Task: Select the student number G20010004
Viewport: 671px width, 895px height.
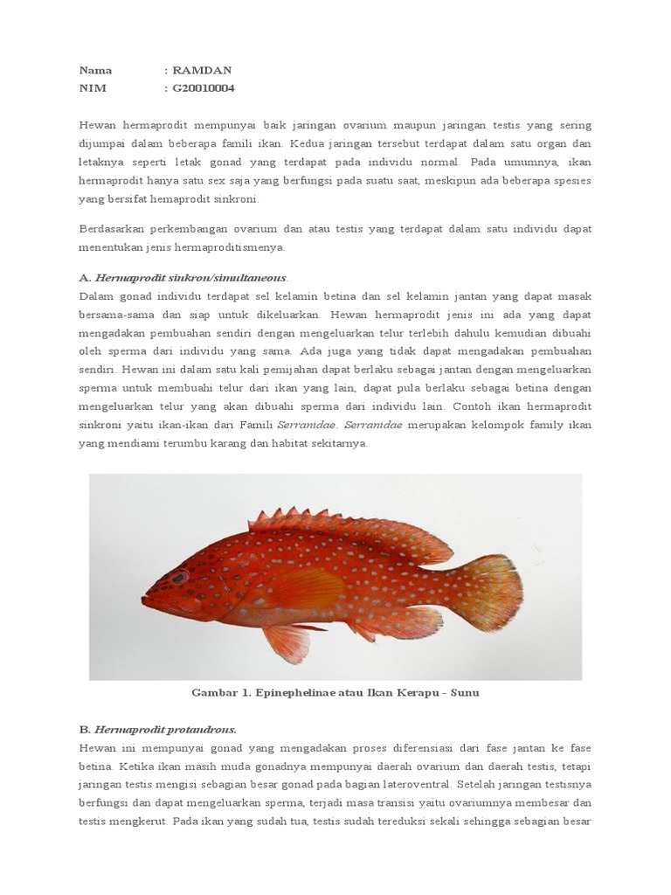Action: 204,88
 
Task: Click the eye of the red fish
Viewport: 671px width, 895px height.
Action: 179,577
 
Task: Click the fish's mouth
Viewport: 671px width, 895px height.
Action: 147,602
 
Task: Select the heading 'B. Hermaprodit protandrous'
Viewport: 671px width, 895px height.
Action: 158,729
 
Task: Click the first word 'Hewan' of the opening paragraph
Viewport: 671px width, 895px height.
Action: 98,125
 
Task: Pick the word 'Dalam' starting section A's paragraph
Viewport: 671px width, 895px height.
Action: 97,296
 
